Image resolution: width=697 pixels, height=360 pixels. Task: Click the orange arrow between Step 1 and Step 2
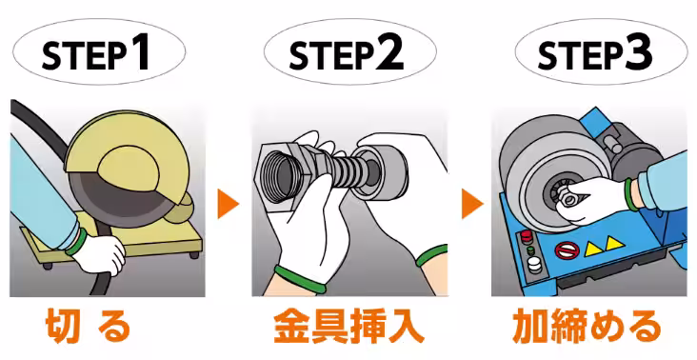[226, 203]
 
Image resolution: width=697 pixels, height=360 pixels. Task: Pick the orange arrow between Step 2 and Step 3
[469, 203]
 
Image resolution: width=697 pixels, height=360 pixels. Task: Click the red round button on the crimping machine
[522, 235]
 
